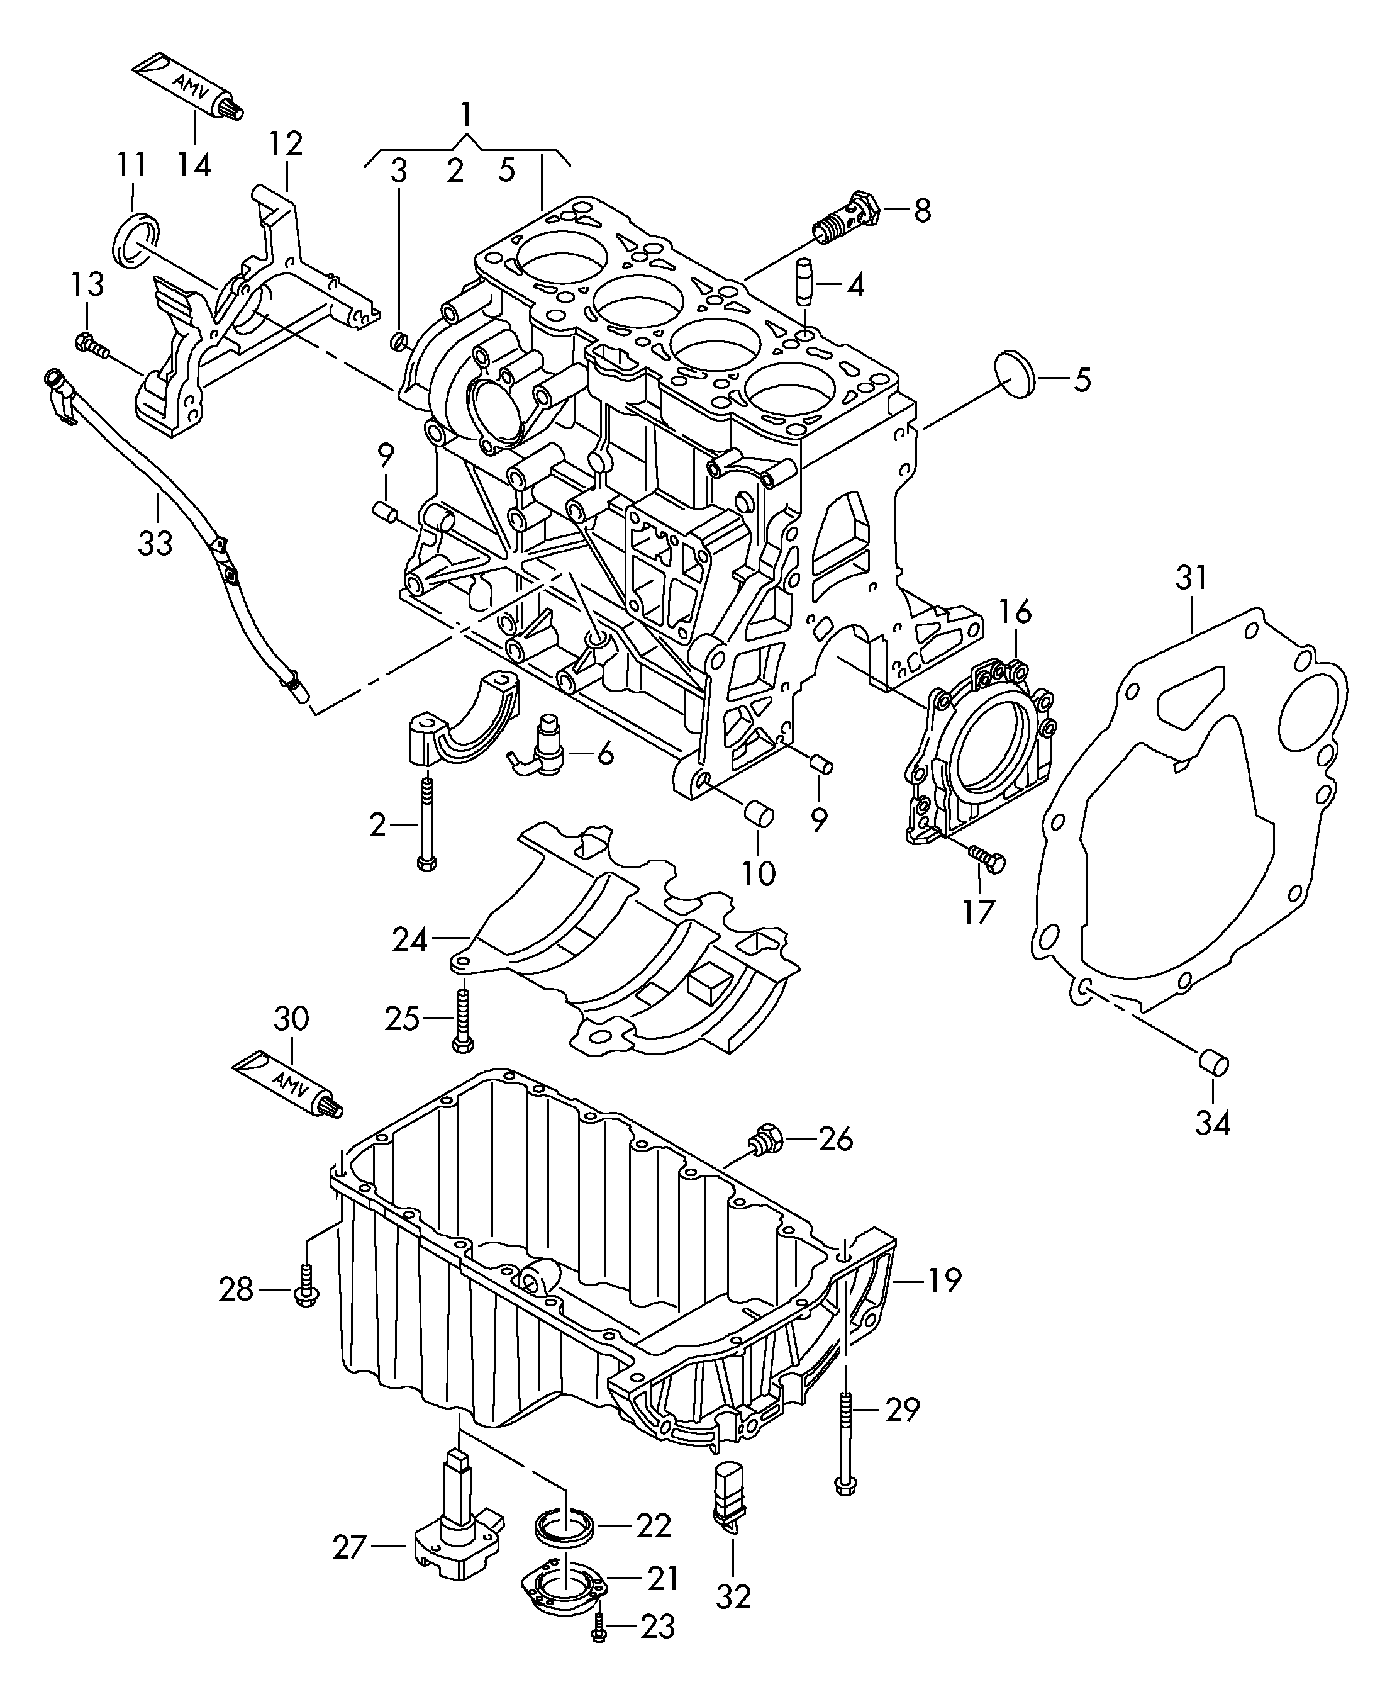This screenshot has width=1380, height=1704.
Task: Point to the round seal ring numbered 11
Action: click(136, 238)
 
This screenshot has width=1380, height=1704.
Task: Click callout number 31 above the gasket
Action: click(1191, 578)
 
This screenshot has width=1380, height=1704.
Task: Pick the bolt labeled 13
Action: click(90, 344)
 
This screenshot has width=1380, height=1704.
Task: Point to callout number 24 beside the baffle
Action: click(409, 941)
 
